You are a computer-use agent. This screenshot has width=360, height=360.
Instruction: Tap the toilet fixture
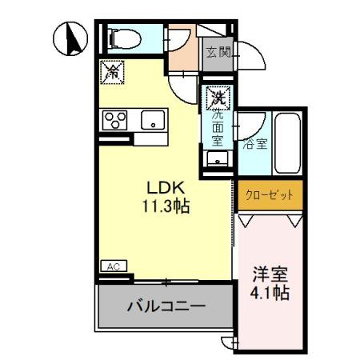click(121, 38)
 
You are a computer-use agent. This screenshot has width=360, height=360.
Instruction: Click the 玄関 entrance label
click(218, 53)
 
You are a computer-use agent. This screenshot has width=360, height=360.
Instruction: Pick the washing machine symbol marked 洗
click(216, 98)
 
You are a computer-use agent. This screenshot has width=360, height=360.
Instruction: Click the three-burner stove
click(114, 122)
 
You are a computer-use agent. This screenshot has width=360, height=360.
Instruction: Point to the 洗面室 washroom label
click(216, 126)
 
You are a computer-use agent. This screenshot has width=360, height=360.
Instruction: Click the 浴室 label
click(256, 145)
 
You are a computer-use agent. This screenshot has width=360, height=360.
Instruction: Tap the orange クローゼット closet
click(270, 194)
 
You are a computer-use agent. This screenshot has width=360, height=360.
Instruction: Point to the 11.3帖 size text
click(165, 206)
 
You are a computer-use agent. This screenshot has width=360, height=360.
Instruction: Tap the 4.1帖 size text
click(269, 294)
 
